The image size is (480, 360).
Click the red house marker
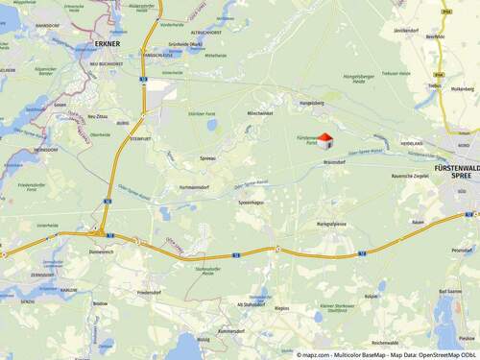coord(324,140)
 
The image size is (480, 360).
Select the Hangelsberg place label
coord(313,101)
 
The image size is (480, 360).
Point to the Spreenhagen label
coord(252,202)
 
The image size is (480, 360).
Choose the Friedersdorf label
coord(149,291)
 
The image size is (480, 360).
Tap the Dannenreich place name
coord(100,250)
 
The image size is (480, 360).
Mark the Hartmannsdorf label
coord(194,187)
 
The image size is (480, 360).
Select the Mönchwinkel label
coord(260,113)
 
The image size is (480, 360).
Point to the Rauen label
coord(417,222)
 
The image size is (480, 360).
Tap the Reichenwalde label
coord(385,342)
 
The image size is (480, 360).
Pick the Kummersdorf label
coord(232,330)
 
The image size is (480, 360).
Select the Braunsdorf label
coord(334,161)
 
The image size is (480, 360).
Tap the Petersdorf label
coord(462,250)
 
